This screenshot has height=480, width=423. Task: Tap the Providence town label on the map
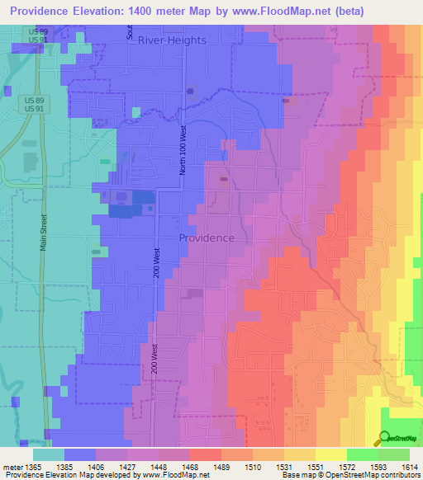tap(207, 238)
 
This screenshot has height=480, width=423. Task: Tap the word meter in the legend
tap(14, 468)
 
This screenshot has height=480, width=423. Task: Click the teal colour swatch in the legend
tap(49, 454)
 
